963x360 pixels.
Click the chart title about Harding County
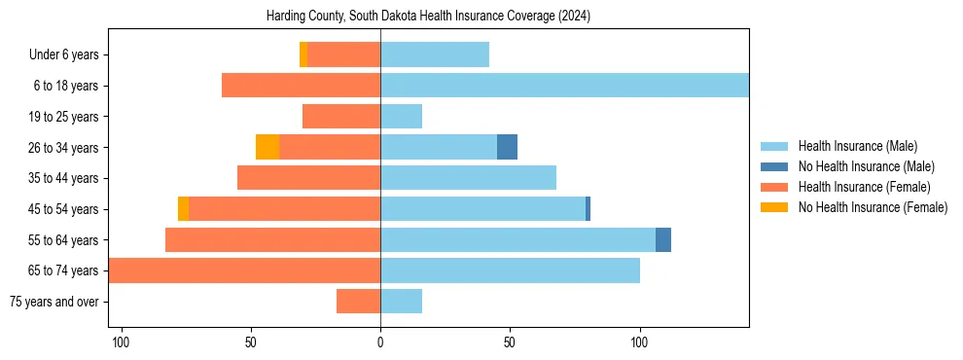click(428, 17)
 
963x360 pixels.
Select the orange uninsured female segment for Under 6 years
click(303, 54)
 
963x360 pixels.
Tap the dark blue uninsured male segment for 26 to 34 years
click(507, 147)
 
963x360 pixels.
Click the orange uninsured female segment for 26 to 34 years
click(267, 147)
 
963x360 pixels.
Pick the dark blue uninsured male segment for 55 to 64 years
click(663, 239)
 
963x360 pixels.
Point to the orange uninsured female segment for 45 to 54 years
click(183, 208)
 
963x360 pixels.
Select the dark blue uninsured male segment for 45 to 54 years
click(588, 208)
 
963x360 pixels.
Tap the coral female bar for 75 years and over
click(358, 302)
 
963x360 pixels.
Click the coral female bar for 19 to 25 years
click(341, 117)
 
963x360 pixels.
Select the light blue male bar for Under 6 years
click(435, 54)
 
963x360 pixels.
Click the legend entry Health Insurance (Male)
click(857, 146)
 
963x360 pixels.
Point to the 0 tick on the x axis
click(380, 342)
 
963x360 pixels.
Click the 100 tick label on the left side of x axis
click(121, 342)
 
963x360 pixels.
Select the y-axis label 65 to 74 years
click(63, 270)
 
